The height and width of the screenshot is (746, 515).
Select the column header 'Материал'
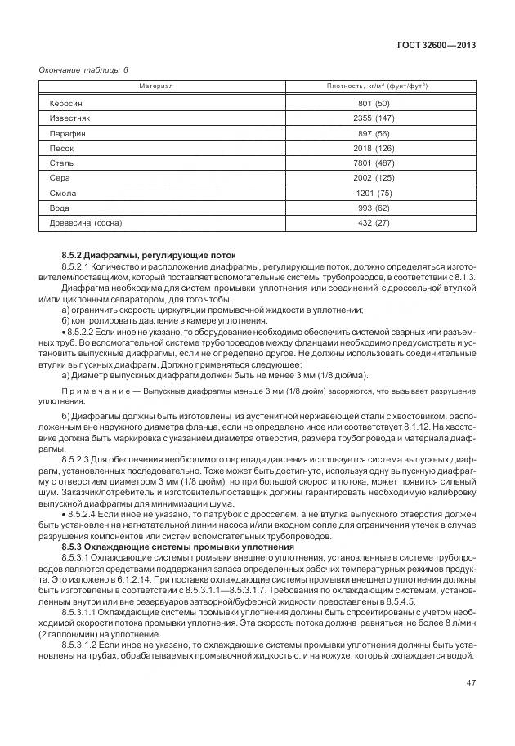click(x=155, y=86)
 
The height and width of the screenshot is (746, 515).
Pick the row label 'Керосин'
click(x=66, y=104)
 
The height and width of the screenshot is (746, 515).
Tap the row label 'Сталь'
click(x=62, y=163)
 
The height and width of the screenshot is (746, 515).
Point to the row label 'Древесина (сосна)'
click(x=85, y=221)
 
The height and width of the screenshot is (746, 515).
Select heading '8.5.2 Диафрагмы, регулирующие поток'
click(x=137, y=257)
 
